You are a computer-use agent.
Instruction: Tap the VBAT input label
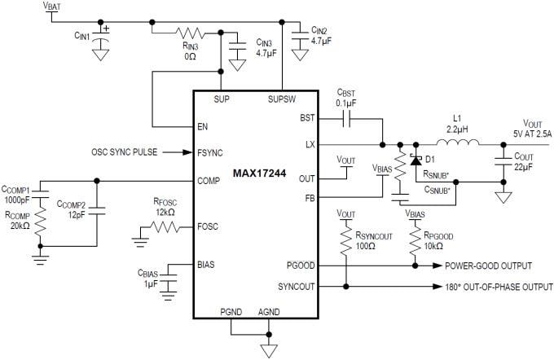pos(51,7)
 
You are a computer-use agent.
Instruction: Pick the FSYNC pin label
pos(209,152)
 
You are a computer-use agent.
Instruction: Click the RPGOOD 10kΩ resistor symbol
pos(415,243)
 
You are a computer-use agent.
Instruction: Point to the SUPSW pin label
pos(282,99)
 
